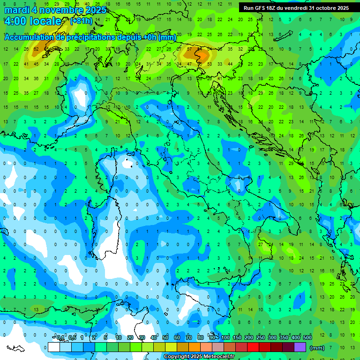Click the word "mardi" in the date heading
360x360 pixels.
pos(15,10)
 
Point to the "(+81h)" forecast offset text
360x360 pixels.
pos(81,21)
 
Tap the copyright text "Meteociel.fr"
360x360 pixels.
pos(216,357)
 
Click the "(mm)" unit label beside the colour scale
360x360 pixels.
pos(317,348)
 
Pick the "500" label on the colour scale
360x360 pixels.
pos(307,338)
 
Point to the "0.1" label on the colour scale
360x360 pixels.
pos(60,338)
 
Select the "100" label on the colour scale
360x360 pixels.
pos(225,338)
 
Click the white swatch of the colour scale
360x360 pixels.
pos(53,347)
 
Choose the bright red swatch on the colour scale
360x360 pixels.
pos(253,347)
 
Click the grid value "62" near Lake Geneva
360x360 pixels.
pos(36,49)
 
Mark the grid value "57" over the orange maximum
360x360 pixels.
pos(189,49)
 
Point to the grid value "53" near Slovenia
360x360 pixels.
pos(209,64)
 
